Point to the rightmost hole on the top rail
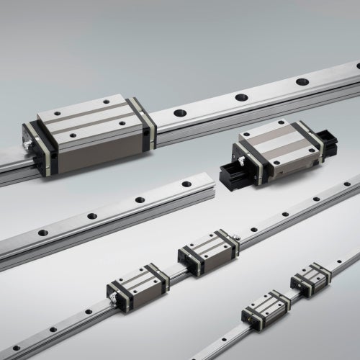coord(302,81)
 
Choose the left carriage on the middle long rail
coord(138,282)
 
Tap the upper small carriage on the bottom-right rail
coord(311,277)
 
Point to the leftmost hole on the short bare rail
coord(43,233)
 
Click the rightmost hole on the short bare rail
coord(186,184)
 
